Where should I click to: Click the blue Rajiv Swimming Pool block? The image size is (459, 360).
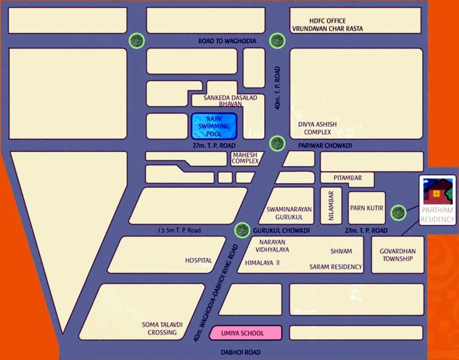(x=214, y=126)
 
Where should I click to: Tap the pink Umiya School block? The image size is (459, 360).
(x=245, y=333)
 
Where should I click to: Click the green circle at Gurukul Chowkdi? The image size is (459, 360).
(x=242, y=230)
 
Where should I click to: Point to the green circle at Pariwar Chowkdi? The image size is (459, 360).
(x=277, y=143)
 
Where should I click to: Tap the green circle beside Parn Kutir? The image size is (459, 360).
(x=398, y=212)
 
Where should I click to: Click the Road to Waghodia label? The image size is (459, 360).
(x=227, y=41)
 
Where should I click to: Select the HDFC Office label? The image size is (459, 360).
(x=327, y=21)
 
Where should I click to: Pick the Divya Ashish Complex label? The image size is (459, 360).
(x=318, y=128)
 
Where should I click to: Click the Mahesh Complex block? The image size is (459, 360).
(x=245, y=158)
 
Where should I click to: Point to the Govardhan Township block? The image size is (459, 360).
(x=397, y=255)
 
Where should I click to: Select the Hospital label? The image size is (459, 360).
(x=198, y=260)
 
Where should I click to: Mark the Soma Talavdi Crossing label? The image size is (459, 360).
(x=159, y=329)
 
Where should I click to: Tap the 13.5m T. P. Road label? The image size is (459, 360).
(x=179, y=231)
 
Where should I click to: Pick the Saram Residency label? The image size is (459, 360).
(x=335, y=267)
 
